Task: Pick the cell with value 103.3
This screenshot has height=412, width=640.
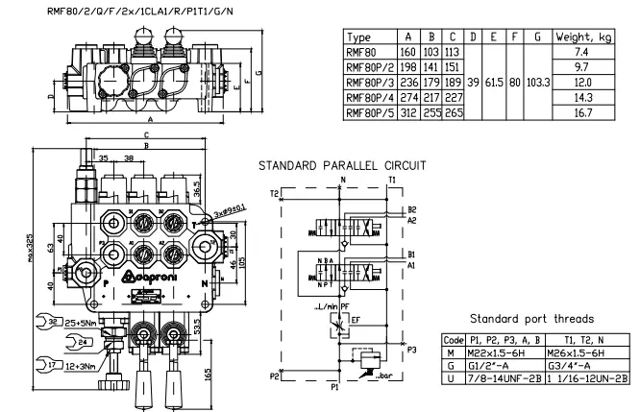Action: tap(539, 83)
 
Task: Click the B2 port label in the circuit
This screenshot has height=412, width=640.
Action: tap(411, 209)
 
